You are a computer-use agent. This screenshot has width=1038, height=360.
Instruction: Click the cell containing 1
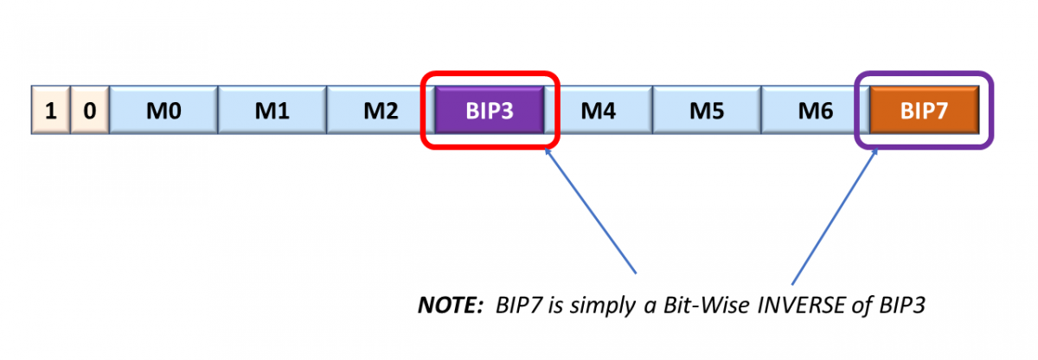[49, 111]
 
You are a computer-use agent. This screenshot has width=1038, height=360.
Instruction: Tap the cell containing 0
[88, 111]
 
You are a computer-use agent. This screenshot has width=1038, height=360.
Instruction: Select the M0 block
[163, 111]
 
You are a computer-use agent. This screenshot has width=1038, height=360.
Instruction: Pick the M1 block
[272, 111]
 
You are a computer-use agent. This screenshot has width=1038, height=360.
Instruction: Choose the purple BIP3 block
[490, 111]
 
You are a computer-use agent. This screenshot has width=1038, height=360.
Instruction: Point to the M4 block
[599, 111]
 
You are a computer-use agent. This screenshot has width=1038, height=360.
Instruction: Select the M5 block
[707, 111]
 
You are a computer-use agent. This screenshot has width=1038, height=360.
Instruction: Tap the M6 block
[815, 111]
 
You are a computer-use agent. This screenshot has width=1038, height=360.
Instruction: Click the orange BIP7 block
[924, 111]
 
